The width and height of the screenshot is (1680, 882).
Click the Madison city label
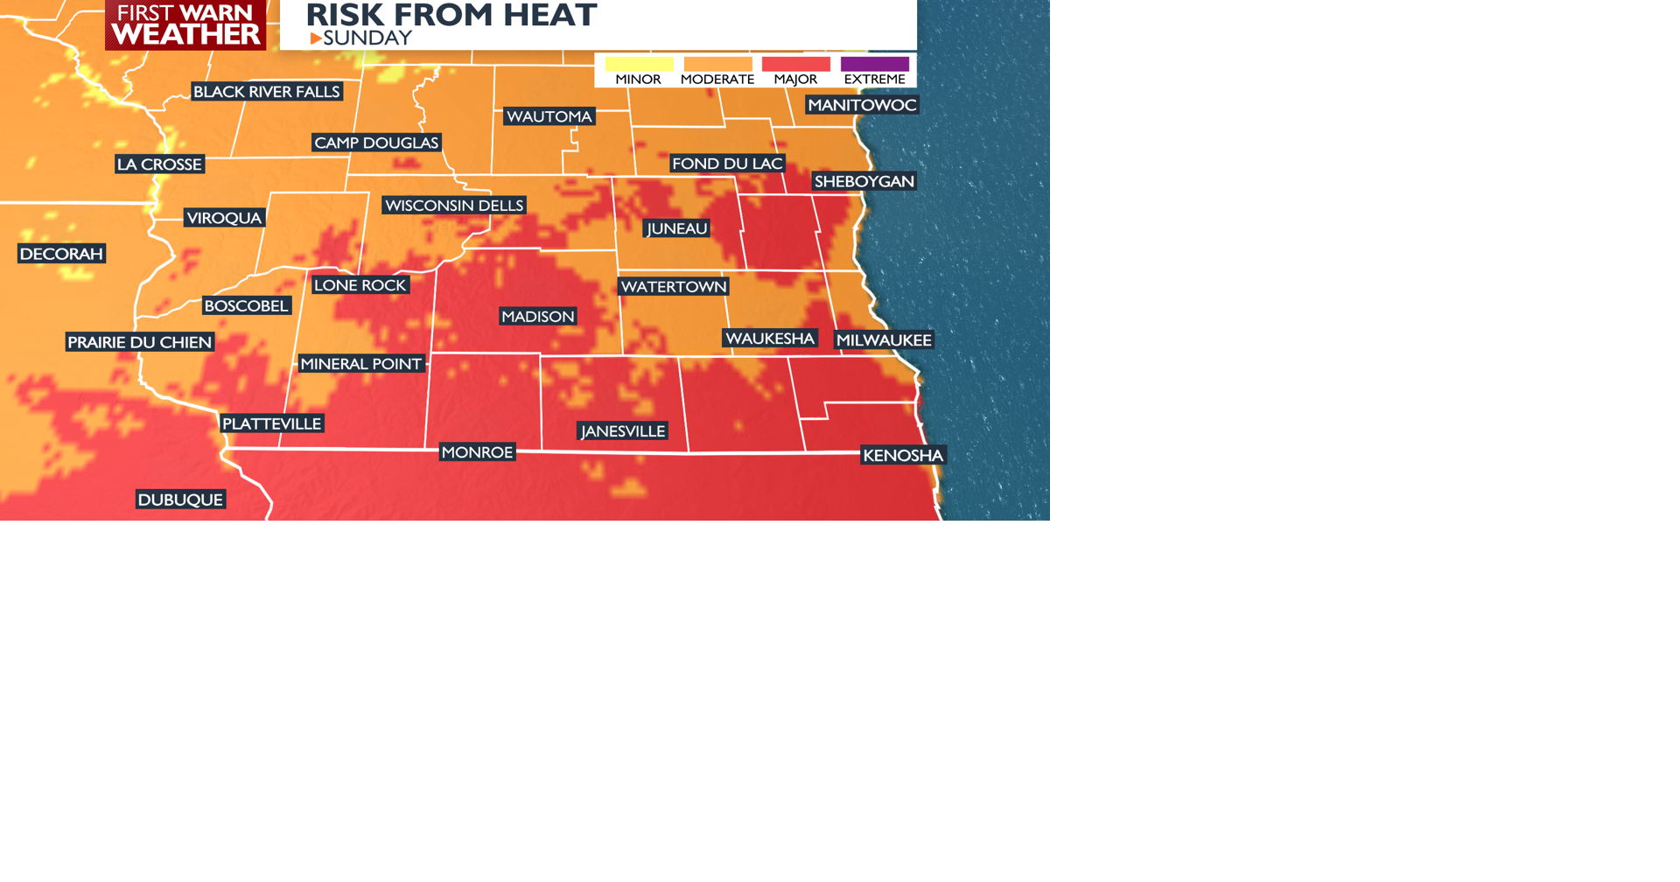537,317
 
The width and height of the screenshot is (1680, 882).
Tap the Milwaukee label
884,340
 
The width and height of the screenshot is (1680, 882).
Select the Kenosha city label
903,455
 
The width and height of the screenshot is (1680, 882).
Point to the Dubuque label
180,500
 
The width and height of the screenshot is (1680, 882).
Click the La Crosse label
159,164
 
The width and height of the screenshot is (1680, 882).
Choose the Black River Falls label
266,92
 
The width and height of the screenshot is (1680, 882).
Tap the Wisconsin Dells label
454,206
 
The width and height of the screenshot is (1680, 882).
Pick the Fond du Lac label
726,164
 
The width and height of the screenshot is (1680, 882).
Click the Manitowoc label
862,105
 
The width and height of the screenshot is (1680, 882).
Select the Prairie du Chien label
140,342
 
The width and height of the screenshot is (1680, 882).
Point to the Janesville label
623,431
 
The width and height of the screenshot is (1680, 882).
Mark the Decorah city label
61,254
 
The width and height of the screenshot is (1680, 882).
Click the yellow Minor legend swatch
639,64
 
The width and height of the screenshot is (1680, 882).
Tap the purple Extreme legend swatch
874,64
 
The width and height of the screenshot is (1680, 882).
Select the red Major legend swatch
795,64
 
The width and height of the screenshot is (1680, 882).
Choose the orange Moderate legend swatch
717,64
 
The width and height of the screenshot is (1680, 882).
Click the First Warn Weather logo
185,24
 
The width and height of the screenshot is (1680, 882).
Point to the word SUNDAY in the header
367,38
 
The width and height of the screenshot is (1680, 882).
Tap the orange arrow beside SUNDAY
316,38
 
